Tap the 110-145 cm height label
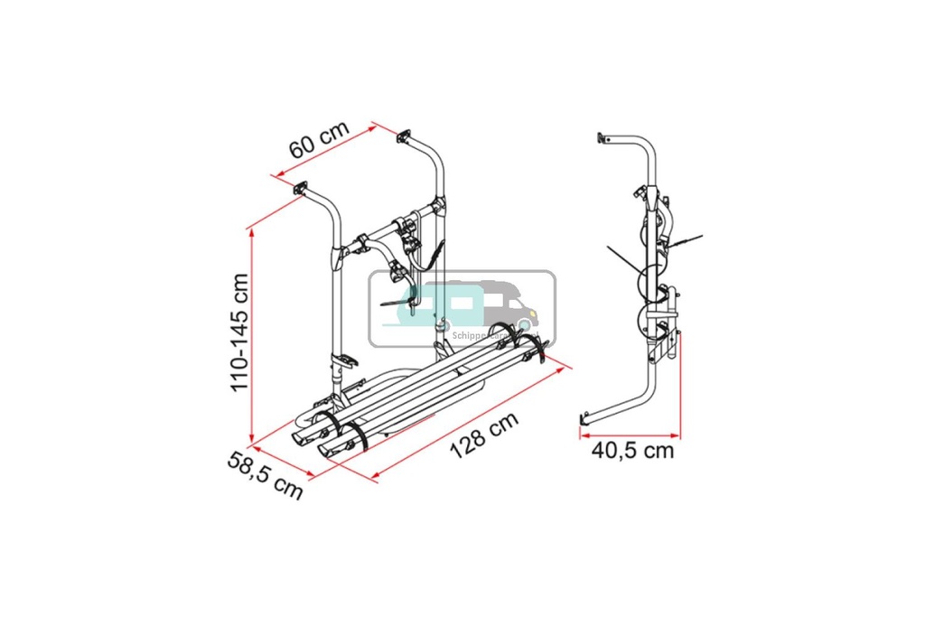[238, 332]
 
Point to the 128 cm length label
[484, 437]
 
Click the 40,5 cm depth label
[631, 449]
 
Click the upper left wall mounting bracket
[300, 189]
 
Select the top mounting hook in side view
[603, 139]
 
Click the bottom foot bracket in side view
[586, 419]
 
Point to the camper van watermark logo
[462, 308]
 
